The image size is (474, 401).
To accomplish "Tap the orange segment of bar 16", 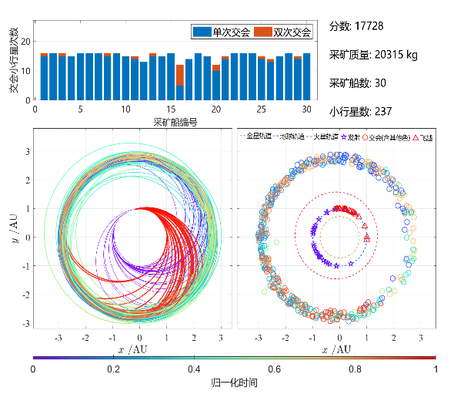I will pyautogui.click(x=180, y=75).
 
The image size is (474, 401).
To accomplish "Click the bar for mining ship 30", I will pyautogui.click(x=306, y=76).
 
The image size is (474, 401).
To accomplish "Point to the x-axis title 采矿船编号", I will pyautogui.click(x=175, y=122).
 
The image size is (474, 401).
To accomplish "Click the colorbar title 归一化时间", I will pyautogui.click(x=234, y=382).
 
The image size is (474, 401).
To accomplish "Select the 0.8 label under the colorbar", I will pyautogui.click(x=355, y=369).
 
